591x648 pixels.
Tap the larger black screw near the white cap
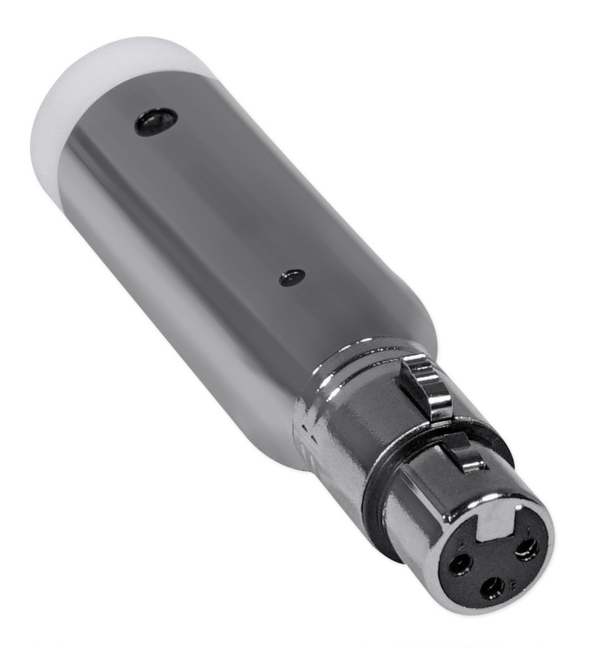coord(156,121)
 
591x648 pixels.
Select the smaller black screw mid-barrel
coord(292,277)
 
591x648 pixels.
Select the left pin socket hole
coord(461,564)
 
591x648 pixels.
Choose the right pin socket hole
coord(527,549)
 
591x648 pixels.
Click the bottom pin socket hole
coord(492,588)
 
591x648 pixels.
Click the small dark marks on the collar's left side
coord(305,441)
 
